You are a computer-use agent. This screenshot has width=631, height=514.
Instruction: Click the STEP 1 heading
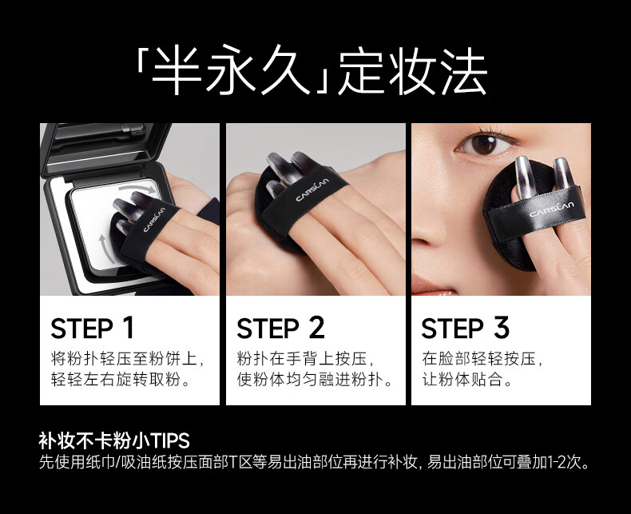92,328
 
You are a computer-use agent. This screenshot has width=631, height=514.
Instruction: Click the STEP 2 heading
280,328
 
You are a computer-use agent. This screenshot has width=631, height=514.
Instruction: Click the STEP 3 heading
465,328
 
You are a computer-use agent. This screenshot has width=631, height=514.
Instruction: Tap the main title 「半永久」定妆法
312,72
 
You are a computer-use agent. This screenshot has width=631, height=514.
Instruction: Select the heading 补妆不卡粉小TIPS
114,440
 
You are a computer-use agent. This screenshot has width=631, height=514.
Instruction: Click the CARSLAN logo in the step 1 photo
154,220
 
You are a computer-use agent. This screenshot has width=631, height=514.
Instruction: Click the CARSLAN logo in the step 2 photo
312,189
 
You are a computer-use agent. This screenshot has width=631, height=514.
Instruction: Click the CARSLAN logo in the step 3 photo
552,209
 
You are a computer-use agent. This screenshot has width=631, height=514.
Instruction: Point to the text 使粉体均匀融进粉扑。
315,380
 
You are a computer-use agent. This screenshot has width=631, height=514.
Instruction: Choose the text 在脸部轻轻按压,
482,358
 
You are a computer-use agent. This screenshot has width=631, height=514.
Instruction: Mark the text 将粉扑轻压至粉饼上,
128,358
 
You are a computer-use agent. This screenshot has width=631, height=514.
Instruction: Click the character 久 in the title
283,72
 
